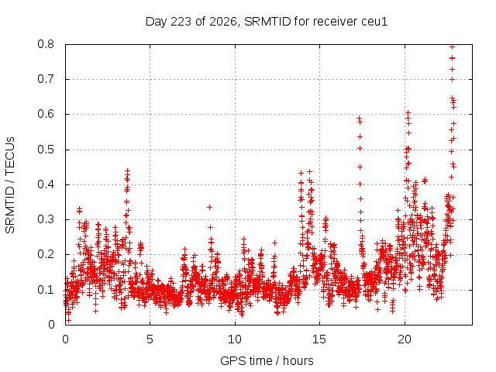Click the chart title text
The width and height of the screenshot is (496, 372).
tap(267, 22)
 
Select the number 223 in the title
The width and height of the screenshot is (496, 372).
tap(181, 22)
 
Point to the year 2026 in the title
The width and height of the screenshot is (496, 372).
tap(223, 22)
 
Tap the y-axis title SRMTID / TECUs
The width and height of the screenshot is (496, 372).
tap(10, 185)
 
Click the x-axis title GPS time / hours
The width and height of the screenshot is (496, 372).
tap(267, 360)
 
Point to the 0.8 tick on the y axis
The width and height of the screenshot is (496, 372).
tap(46, 44)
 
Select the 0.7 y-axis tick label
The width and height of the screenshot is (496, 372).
tap(46, 79)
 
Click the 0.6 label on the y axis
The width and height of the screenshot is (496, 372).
tap(46, 114)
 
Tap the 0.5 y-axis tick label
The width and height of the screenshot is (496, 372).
tap(46, 150)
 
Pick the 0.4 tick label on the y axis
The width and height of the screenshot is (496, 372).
tap(46, 184)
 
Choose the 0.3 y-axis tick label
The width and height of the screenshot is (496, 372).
tap(46, 219)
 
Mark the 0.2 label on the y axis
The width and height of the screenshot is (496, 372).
tap(46, 255)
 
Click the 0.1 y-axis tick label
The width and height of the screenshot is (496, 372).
tap(46, 290)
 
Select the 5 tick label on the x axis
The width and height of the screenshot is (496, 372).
tap(150, 339)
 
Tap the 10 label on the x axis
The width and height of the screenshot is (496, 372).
tap(235, 339)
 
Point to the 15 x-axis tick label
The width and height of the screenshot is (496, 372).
tap(319, 339)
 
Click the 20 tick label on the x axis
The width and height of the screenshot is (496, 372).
tap(405, 339)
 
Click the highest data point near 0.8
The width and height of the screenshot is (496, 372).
tap(453, 47)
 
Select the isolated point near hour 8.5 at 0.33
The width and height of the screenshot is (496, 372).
tap(209, 207)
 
